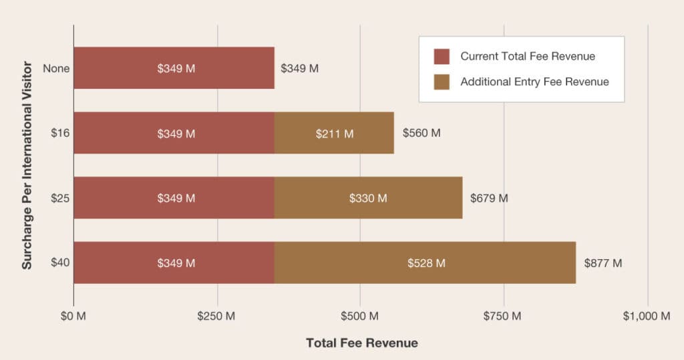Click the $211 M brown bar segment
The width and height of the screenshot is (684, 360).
tap(334, 133)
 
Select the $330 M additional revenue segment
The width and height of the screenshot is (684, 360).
tap(368, 198)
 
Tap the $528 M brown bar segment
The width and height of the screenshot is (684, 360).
tap(425, 262)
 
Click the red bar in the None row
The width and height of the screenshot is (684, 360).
tap(174, 68)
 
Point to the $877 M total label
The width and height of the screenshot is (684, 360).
tap(603, 262)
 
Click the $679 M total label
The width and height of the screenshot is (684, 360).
tap(489, 198)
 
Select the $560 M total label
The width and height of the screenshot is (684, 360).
tap(421, 133)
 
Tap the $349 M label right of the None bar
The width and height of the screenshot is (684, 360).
tap(299, 68)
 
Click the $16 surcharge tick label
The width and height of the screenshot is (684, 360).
tap(60, 133)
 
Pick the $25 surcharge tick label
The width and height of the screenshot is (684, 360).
tap(60, 198)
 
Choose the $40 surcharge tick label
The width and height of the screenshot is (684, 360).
tap(60, 262)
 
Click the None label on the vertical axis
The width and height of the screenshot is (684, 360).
tap(56, 68)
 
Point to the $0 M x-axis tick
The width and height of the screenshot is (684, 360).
tap(73, 315)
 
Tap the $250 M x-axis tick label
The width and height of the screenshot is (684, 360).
tap(216, 315)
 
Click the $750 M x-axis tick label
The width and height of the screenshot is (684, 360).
tap(504, 315)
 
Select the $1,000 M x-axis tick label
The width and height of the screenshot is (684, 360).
tap(647, 315)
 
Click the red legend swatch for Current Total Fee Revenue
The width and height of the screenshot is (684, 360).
tap(442, 56)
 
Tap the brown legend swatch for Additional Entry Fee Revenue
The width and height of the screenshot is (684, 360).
tap(442, 81)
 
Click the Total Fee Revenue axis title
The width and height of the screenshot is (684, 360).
tap(361, 343)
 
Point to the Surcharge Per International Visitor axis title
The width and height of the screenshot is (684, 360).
tap(27, 164)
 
